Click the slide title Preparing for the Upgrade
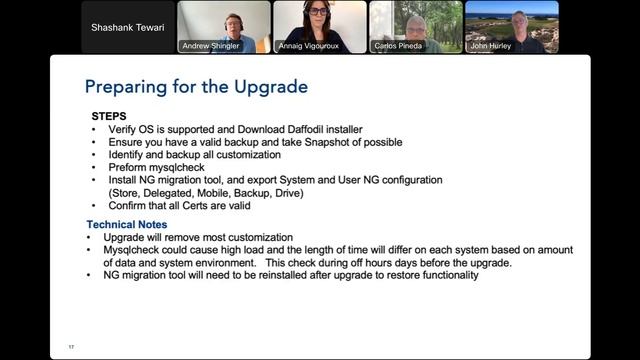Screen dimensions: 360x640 [x=195, y=87]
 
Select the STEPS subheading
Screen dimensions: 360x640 [x=109, y=116]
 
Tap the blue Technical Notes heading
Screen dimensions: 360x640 [x=127, y=224]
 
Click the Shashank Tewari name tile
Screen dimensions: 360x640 [x=127, y=27]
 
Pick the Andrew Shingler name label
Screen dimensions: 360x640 [x=211, y=46]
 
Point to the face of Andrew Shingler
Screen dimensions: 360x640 [x=233, y=21]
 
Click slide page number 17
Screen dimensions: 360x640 [x=71, y=346]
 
